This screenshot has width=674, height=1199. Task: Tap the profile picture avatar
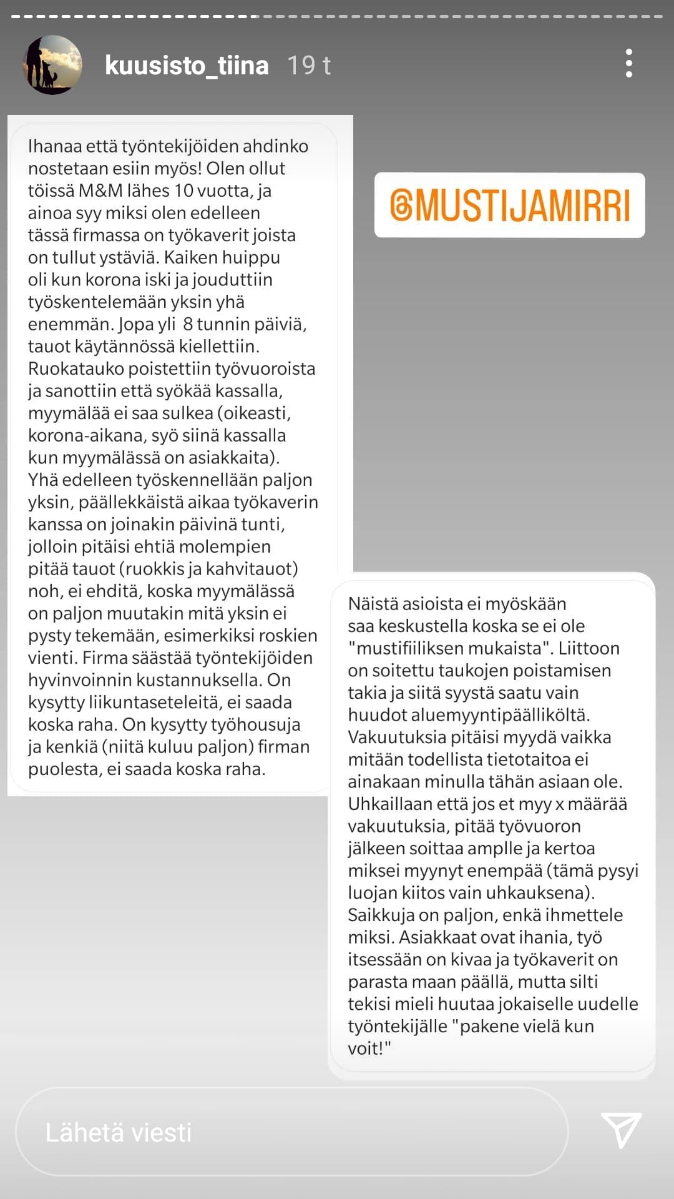coord(52,65)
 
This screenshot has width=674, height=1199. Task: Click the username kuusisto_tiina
coord(187,66)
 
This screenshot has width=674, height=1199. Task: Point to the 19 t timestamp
coord(308,66)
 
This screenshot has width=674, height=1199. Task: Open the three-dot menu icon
coord(628,64)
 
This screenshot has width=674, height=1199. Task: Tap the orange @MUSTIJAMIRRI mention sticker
coord(509,205)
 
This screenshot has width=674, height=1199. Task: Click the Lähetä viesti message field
coord(291,1132)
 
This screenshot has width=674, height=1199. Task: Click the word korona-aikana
coord(86,435)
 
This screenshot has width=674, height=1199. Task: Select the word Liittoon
coord(589,648)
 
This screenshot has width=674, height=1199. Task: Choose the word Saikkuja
coord(381,915)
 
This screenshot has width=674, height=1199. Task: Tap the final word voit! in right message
coord(368,1049)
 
